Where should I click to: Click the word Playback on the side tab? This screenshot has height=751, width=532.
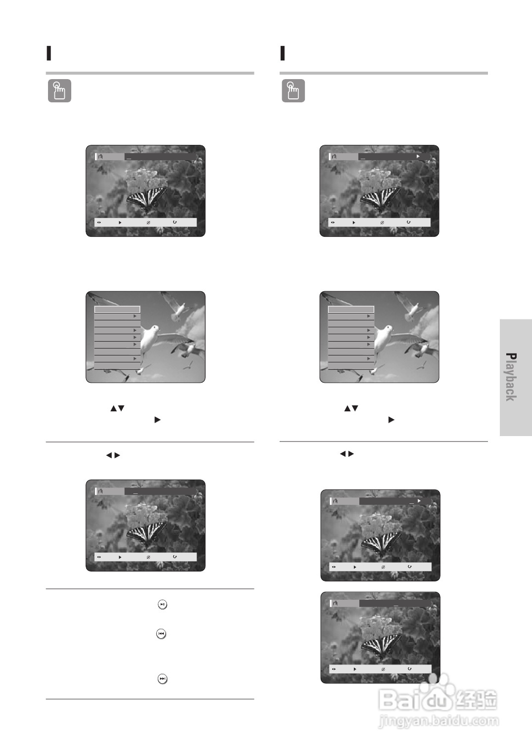click(x=511, y=377)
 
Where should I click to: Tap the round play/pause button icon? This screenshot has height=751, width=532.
click(x=162, y=605)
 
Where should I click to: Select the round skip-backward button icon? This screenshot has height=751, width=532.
click(x=161, y=634)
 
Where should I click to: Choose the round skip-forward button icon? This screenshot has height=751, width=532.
click(x=162, y=679)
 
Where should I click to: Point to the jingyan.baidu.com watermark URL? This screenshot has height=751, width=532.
click(x=438, y=720)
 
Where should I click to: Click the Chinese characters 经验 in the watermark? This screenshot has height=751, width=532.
click(x=477, y=700)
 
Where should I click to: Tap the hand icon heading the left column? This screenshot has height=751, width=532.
click(x=59, y=90)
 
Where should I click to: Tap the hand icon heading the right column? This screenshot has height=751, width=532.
click(x=293, y=90)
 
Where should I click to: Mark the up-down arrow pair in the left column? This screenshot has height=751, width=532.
click(x=117, y=408)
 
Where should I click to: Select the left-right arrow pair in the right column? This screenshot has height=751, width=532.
click(x=347, y=454)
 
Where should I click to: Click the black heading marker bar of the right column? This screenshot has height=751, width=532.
click(x=283, y=53)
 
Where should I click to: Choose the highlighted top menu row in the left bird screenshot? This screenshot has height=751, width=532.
click(x=117, y=309)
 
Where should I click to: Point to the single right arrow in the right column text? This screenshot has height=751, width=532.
click(x=391, y=420)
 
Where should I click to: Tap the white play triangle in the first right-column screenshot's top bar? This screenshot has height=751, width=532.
click(x=418, y=156)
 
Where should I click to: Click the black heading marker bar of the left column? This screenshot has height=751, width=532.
click(x=48, y=53)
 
